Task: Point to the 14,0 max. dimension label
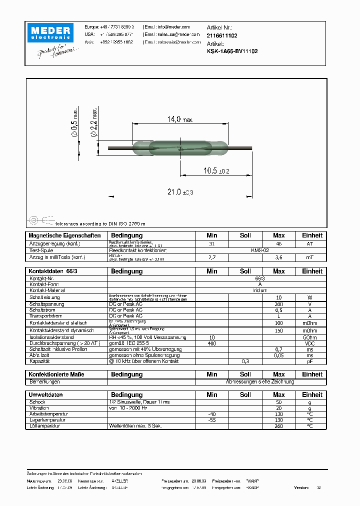[179, 119]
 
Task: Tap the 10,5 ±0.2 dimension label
[216, 170]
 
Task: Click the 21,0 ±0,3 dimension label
[180, 192]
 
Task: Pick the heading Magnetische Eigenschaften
[64, 235]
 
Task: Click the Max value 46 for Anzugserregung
[278, 243]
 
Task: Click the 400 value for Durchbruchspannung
[212, 343]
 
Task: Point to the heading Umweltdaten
[46, 395]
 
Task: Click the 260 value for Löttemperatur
[278, 426]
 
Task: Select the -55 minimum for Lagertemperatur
[212, 420]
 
